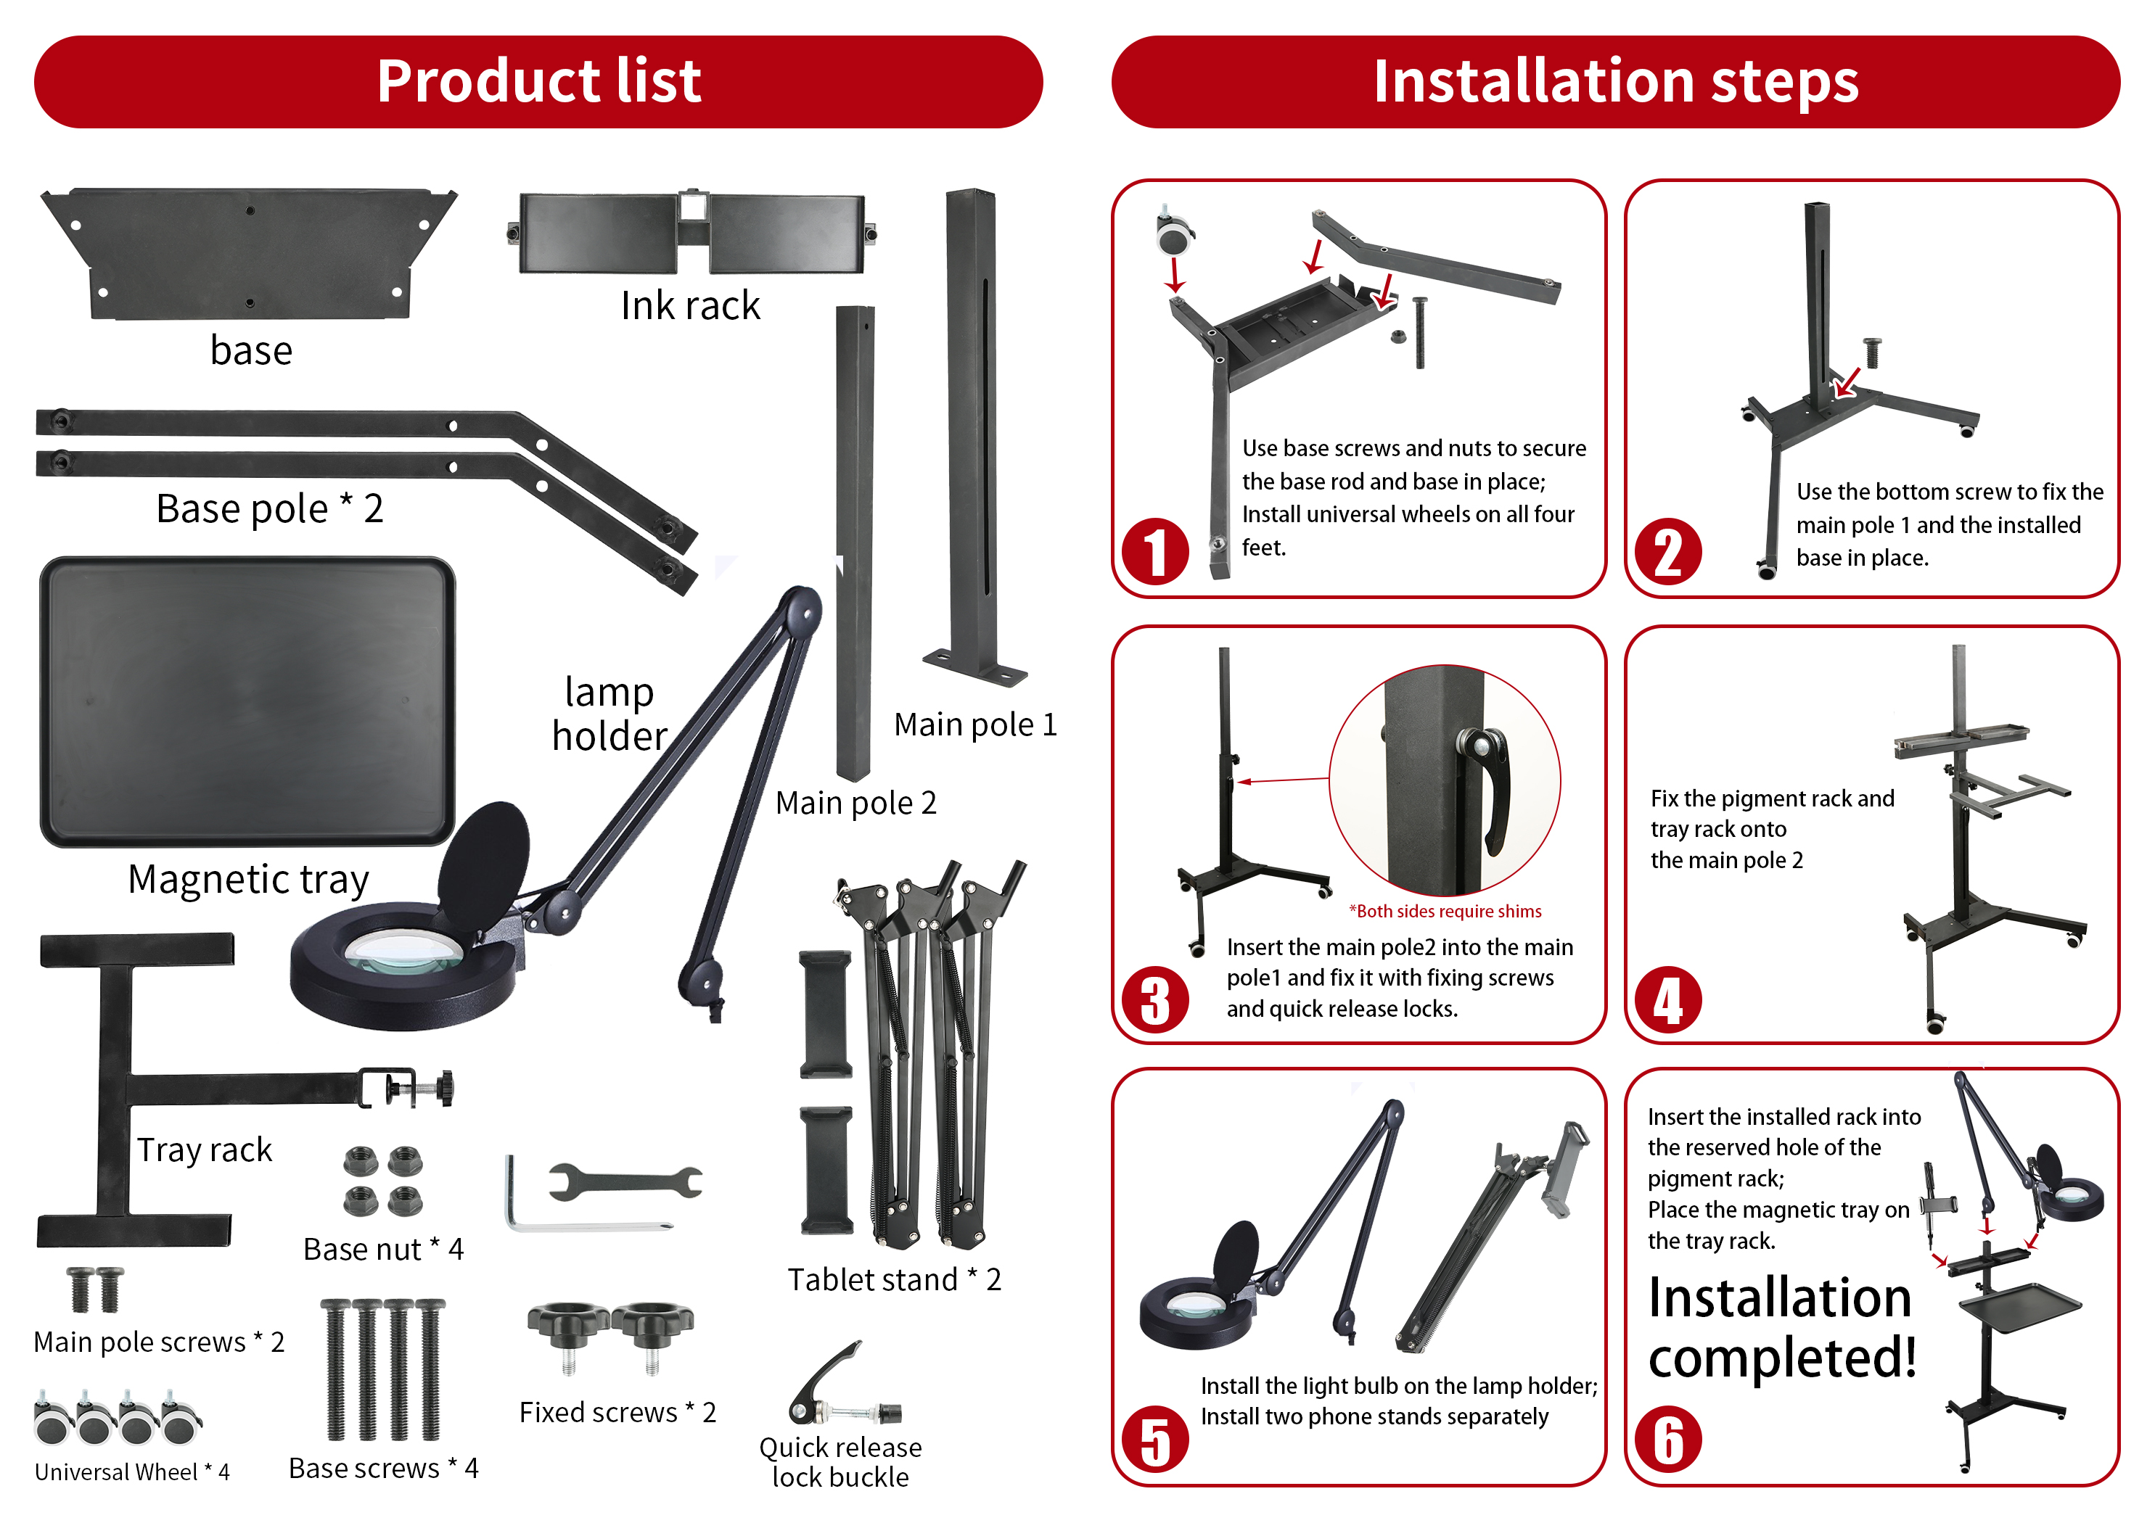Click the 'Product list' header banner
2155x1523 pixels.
point(538,82)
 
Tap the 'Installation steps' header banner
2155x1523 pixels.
point(1615,82)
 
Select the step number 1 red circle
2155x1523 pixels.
point(1154,552)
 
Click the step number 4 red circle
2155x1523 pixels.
point(1668,1000)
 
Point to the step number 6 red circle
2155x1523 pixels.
point(1668,1440)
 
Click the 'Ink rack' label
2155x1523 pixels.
point(690,306)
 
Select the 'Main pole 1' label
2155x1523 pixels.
point(975,725)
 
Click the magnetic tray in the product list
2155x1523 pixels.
point(247,702)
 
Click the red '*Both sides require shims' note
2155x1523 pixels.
point(1445,911)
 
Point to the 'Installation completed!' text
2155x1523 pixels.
point(1781,1329)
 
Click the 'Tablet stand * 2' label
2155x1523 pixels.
point(893,1280)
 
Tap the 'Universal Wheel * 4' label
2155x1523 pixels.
point(132,1472)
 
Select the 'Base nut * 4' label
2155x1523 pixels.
point(383,1250)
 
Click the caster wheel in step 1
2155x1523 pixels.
point(1173,233)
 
